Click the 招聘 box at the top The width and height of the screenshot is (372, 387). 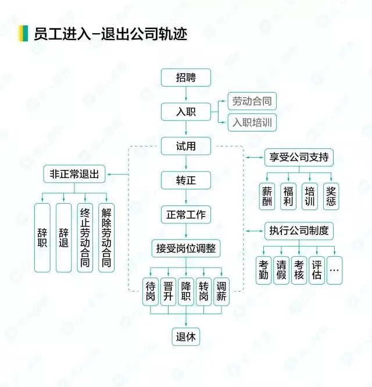tap(185, 78)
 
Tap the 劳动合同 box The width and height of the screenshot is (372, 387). tap(251, 101)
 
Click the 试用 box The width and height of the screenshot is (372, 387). tap(185, 146)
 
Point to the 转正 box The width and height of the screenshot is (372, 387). tap(185, 180)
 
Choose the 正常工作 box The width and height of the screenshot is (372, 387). tap(185, 214)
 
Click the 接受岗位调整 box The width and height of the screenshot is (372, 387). tap(185, 248)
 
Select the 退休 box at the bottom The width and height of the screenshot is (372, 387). tap(185, 336)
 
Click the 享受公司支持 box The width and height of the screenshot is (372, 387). tap(299, 157)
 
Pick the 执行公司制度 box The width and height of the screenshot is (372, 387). tap(299, 230)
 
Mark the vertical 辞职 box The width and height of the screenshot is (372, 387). tap(42, 237)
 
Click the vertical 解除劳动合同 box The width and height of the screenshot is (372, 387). tap(106, 237)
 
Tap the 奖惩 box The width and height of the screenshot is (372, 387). tap(331, 197)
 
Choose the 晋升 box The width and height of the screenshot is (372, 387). tap(169, 291)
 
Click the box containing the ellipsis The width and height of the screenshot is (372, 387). tap(335, 270)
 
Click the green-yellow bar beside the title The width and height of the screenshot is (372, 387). tap(23, 33)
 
